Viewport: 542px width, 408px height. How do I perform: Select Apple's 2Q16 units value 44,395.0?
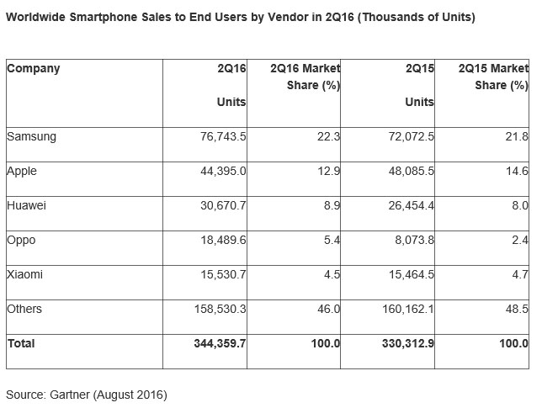coord(221,171)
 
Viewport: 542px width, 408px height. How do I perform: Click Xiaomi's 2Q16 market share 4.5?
coord(330,274)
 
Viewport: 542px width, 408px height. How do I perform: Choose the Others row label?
coord(24,309)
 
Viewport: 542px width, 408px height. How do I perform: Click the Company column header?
coord(34,68)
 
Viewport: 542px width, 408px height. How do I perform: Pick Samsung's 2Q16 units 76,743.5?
coord(221,135)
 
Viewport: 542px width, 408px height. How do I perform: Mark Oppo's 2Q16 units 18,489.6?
coord(221,240)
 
